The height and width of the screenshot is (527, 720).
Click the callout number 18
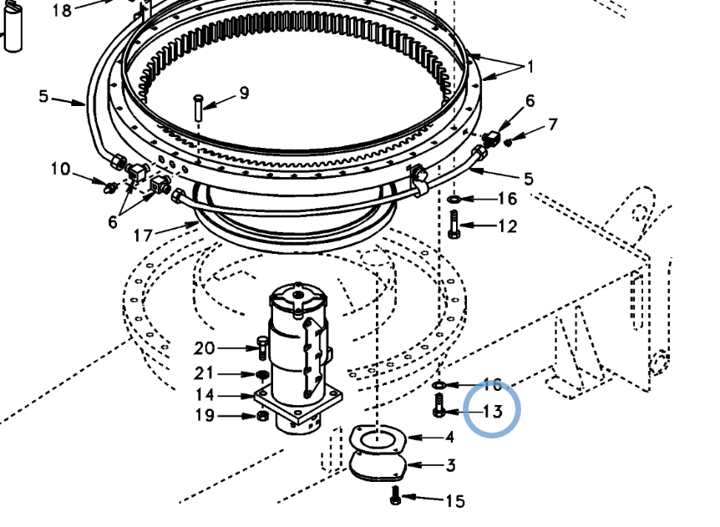pos(62,10)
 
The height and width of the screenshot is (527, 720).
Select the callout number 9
pos(244,94)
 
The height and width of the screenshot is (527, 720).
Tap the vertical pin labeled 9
pos(198,107)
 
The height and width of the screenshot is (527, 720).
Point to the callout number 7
pos(552,124)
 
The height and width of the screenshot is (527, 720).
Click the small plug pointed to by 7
pos(508,143)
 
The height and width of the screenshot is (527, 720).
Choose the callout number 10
pos(60,169)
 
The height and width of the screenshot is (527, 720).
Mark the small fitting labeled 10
pos(110,187)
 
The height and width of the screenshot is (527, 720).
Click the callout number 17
pos(142,236)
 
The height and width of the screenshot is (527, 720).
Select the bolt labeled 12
pos(454,225)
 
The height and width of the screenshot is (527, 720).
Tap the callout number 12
pos(507,225)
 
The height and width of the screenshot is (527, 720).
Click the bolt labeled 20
pos(261,348)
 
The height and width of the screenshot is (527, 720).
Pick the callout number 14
pos(205,395)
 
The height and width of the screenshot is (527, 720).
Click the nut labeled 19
pos(262,416)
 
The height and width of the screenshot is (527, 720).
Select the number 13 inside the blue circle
pos(493,411)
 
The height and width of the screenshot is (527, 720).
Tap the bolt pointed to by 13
pos(439,405)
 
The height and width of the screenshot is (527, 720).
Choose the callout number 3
pos(450,465)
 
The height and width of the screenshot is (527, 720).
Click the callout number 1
pos(530,67)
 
